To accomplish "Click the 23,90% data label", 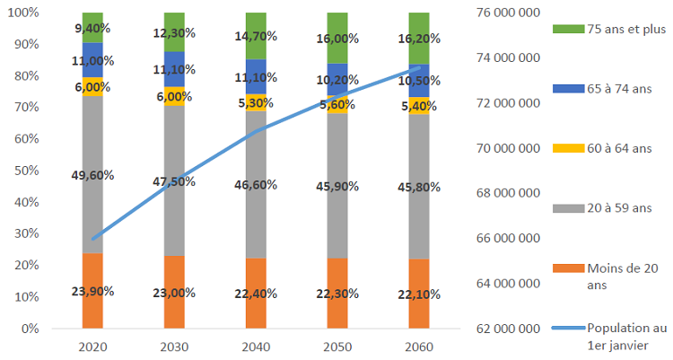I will (92, 291).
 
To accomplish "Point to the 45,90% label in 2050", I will (337, 188).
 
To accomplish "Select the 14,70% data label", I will (256, 38).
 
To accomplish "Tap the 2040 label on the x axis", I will (256, 347).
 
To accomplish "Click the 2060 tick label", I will (419, 347).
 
